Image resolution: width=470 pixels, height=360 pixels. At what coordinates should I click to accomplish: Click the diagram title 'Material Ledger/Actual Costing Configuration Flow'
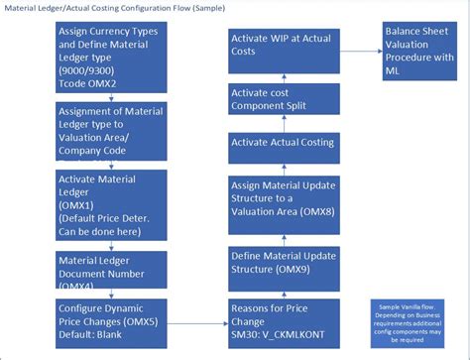112,9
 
